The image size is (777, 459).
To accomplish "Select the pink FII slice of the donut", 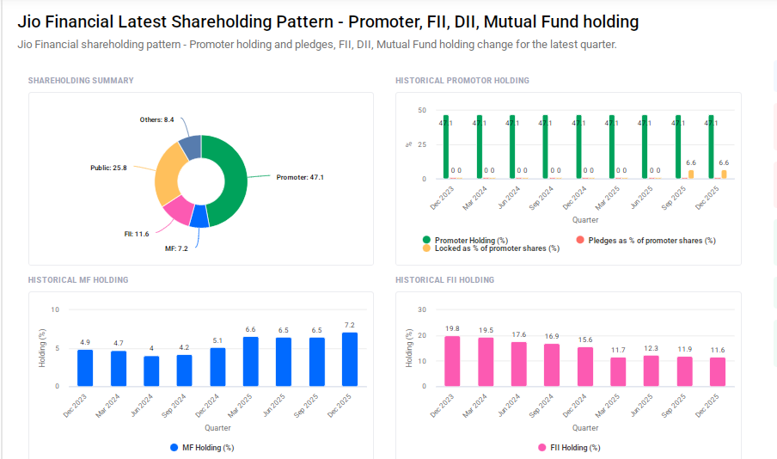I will pyautogui.click(x=179, y=210).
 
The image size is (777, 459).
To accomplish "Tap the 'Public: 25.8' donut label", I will pyautogui.click(x=108, y=168).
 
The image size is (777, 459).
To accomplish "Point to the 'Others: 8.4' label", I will pyautogui.click(x=156, y=119).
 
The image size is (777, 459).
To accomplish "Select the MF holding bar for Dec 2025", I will pyautogui.click(x=350, y=359).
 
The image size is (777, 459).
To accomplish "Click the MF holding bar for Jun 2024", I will pyautogui.click(x=151, y=370).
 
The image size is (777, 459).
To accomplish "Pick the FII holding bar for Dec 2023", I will pyautogui.click(x=452, y=361).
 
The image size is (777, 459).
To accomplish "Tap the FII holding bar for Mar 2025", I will pyautogui.click(x=618, y=371).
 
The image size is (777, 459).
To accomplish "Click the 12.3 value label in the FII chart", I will pyautogui.click(x=652, y=348).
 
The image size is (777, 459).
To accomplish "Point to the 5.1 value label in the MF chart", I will pyautogui.click(x=217, y=340).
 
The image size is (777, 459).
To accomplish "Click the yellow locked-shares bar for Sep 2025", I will pyautogui.click(x=690, y=174).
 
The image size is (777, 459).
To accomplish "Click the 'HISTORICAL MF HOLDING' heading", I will pyautogui.click(x=78, y=280).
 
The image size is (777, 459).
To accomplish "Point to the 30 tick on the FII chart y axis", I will pyautogui.click(x=421, y=309).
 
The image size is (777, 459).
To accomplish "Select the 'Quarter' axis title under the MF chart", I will pyautogui.click(x=217, y=428).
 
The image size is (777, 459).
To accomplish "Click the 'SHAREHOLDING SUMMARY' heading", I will pyautogui.click(x=81, y=81).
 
